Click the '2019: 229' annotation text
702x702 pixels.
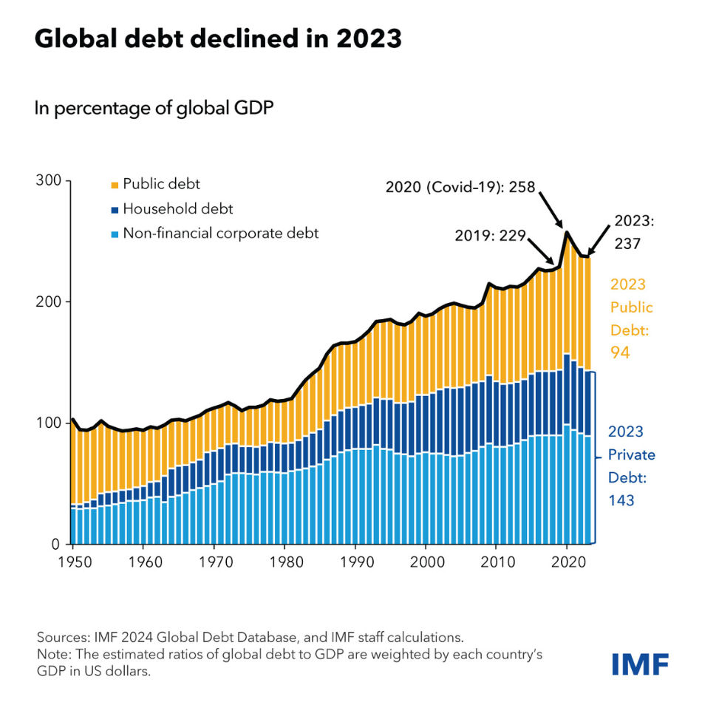[489, 236]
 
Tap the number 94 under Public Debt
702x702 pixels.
[619, 353]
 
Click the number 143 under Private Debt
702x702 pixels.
[621, 500]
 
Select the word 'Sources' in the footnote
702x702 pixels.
[61, 637]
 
